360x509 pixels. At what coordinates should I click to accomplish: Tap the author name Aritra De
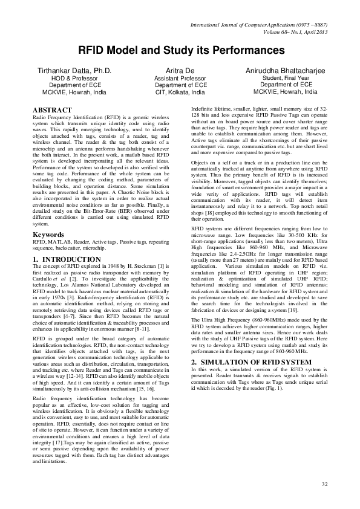click(180, 71)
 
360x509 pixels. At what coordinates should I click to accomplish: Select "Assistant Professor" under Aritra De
click(180, 79)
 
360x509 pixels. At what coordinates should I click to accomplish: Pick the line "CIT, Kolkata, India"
click(180, 93)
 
